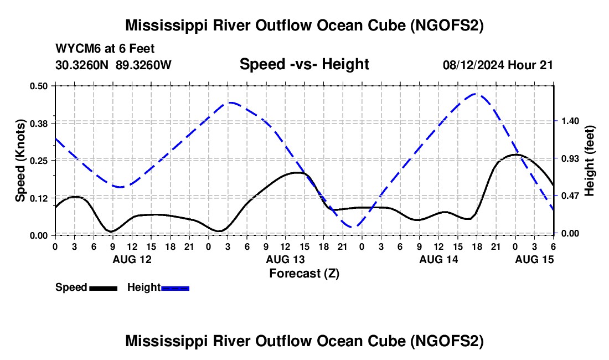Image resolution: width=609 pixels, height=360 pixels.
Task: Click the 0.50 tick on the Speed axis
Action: coord(39,86)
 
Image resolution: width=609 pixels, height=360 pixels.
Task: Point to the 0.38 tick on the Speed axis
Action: coord(39,122)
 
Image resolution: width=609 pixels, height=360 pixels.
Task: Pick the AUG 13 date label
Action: coord(285,259)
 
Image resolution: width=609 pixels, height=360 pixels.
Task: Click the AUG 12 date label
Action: coord(132,259)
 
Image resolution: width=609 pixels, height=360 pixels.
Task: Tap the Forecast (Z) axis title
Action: coord(304,273)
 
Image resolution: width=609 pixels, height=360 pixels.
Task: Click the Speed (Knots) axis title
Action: coord(20,161)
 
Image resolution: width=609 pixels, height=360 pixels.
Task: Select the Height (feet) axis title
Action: coord(589,161)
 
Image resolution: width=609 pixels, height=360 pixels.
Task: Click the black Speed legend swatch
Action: coord(103,287)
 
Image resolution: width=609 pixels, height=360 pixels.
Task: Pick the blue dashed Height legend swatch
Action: coord(176,287)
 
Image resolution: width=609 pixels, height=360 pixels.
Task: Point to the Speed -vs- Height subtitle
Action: coord(304,64)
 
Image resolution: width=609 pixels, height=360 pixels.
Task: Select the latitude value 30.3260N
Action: coord(83,65)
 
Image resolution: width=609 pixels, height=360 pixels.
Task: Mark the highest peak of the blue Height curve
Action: coord(477,94)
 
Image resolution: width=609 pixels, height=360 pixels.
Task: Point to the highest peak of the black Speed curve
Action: coord(515,155)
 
